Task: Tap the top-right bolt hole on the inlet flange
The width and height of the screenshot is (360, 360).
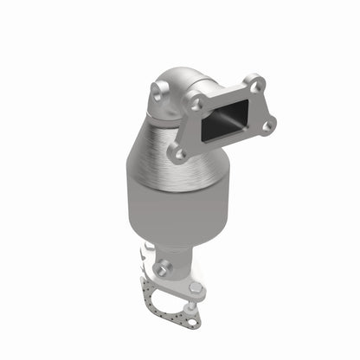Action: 254,84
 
